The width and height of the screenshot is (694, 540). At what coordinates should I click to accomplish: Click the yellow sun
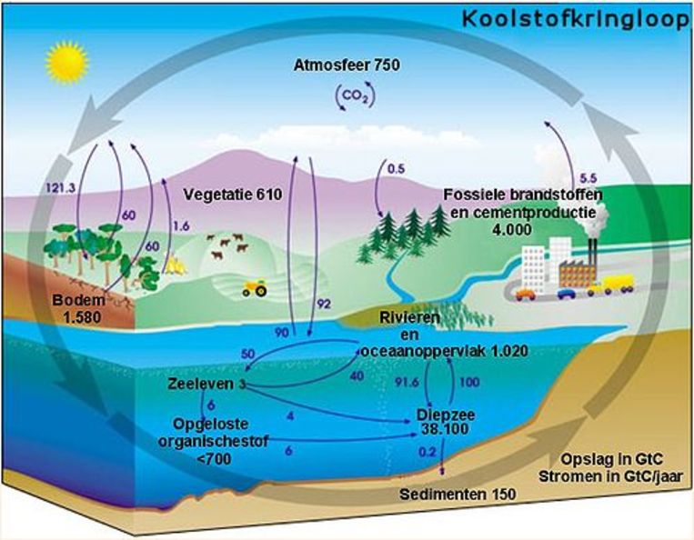click(x=67, y=63)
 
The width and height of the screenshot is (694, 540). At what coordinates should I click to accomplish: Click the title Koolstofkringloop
click(x=576, y=20)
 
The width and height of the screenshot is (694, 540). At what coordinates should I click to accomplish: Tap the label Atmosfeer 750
click(x=347, y=65)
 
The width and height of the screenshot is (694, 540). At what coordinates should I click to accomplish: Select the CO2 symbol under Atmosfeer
click(x=356, y=96)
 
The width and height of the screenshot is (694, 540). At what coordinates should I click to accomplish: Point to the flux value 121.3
click(x=61, y=188)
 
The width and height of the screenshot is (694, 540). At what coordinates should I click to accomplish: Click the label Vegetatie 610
click(x=233, y=195)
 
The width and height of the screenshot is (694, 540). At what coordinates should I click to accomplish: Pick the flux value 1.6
click(x=181, y=226)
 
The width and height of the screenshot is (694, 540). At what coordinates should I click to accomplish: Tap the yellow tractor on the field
click(x=255, y=287)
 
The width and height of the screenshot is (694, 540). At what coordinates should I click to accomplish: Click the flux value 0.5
click(x=397, y=169)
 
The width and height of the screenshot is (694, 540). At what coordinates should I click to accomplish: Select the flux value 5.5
click(x=588, y=179)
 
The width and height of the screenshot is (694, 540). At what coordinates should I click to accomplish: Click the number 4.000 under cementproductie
click(x=512, y=229)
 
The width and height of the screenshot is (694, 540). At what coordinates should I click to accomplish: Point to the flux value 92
click(x=324, y=305)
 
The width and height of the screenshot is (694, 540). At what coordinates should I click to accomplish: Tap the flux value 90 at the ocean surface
click(x=281, y=333)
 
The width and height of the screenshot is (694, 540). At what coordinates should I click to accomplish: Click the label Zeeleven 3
click(x=206, y=384)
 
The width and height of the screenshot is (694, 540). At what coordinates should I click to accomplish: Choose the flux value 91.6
click(x=407, y=382)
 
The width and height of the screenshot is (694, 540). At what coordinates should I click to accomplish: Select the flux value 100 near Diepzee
click(x=470, y=382)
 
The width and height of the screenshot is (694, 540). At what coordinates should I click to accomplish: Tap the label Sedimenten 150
click(x=458, y=494)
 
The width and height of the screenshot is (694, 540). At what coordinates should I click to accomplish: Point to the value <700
click(x=214, y=459)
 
